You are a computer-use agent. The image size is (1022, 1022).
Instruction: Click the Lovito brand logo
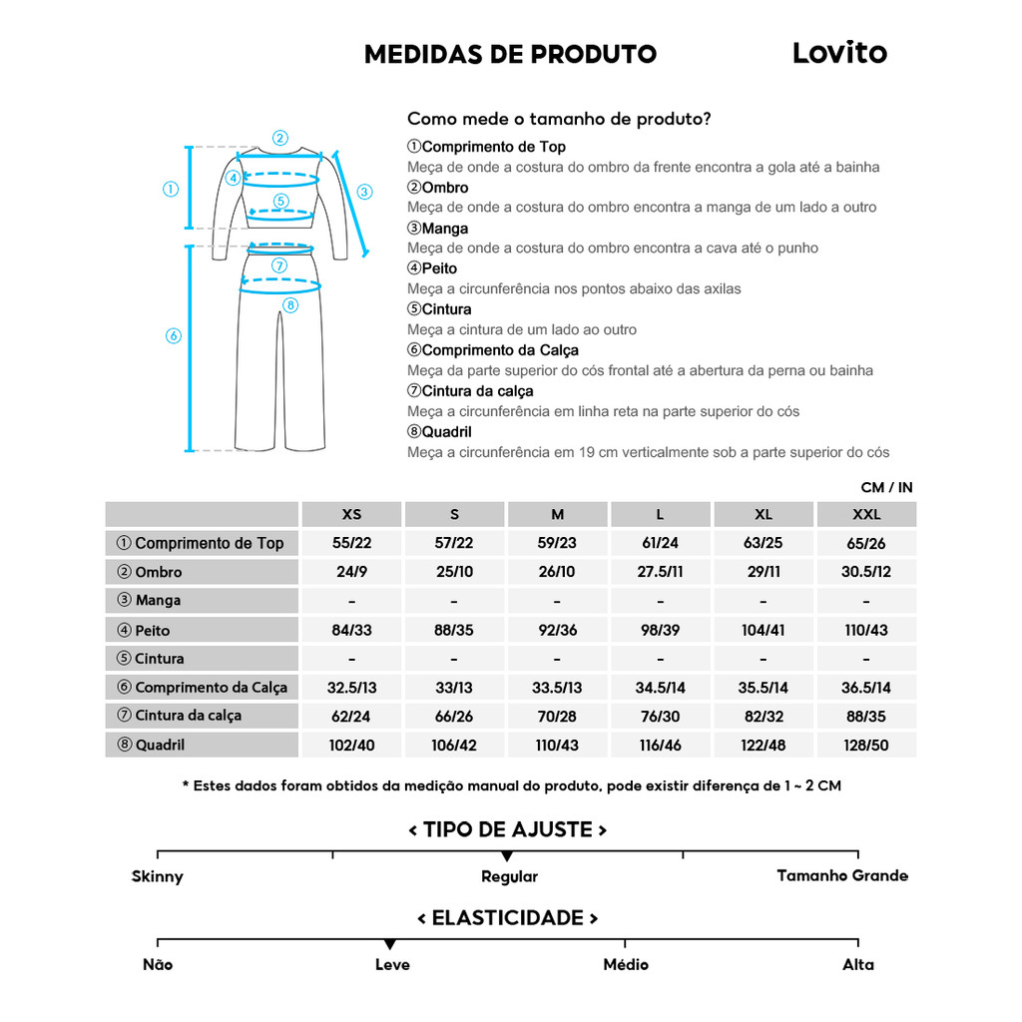click(839, 53)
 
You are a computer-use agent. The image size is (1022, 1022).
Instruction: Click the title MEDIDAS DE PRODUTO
click(510, 54)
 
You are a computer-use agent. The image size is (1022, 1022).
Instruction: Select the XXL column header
click(865, 515)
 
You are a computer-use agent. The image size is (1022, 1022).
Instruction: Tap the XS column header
click(351, 515)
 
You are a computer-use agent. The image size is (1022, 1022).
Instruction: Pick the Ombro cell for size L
click(660, 572)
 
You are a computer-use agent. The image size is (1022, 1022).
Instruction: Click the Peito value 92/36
click(557, 630)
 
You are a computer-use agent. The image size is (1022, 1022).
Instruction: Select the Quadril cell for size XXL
click(865, 745)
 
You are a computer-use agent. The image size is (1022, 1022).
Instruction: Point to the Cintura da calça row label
click(188, 716)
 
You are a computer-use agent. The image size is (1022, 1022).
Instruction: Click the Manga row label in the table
click(158, 601)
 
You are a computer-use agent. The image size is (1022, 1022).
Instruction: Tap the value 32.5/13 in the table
click(351, 687)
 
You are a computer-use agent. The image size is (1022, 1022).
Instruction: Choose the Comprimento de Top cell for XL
click(763, 544)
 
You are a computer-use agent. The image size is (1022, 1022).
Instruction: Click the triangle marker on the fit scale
click(507, 856)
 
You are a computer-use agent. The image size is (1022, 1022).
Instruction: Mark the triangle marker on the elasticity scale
click(390, 944)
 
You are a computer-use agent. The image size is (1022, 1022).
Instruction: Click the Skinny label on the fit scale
click(158, 877)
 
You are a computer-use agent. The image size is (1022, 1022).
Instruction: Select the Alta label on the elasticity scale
click(857, 964)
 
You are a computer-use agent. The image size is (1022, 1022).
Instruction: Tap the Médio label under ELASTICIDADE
click(626, 964)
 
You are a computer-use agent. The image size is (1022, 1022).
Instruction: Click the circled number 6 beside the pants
click(173, 336)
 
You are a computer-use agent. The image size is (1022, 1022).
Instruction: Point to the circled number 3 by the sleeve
click(364, 192)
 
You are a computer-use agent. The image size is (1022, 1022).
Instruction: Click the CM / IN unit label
click(886, 488)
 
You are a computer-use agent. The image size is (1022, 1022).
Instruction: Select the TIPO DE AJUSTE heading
click(508, 829)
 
